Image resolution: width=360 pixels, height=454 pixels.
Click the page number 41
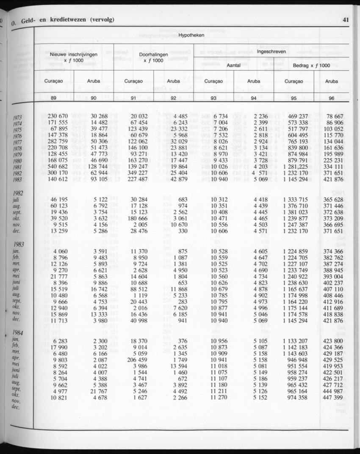[x=345, y=19]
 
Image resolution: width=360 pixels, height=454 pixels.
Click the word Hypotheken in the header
[x=191, y=36]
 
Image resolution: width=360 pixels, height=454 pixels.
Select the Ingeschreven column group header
[x=271, y=51]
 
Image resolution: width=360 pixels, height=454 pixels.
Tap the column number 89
[x=53, y=98]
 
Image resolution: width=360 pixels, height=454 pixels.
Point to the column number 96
[x=331, y=98]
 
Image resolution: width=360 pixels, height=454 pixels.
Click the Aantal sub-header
[x=234, y=66]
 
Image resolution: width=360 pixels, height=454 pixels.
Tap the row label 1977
[x=17, y=143]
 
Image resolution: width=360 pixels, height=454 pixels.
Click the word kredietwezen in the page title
[x=61, y=20]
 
